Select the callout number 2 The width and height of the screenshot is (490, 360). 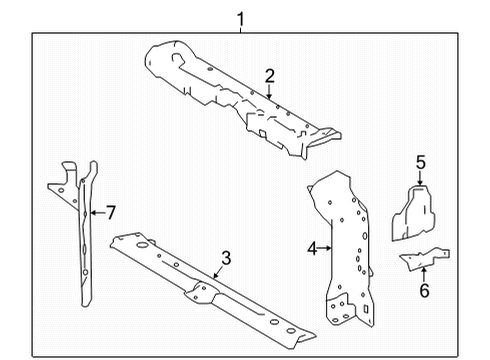point(269,75)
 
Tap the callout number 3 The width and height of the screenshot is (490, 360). point(226,258)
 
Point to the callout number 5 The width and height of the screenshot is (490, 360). point(421,162)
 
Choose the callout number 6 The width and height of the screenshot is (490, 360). point(422,291)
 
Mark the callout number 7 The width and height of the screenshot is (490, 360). point(110,212)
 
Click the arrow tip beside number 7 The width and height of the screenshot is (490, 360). point(91,212)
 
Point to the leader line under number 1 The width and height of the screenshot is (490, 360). point(240,27)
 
